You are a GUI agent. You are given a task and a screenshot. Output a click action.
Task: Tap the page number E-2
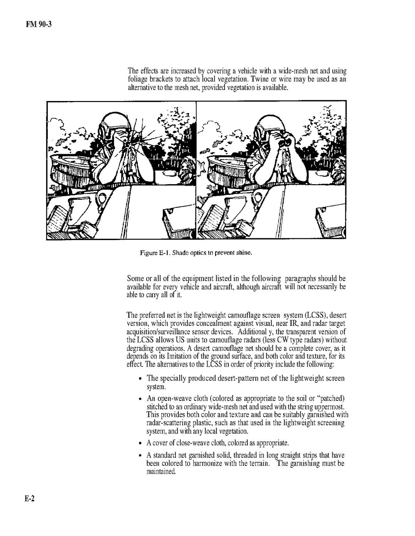(30, 499)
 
